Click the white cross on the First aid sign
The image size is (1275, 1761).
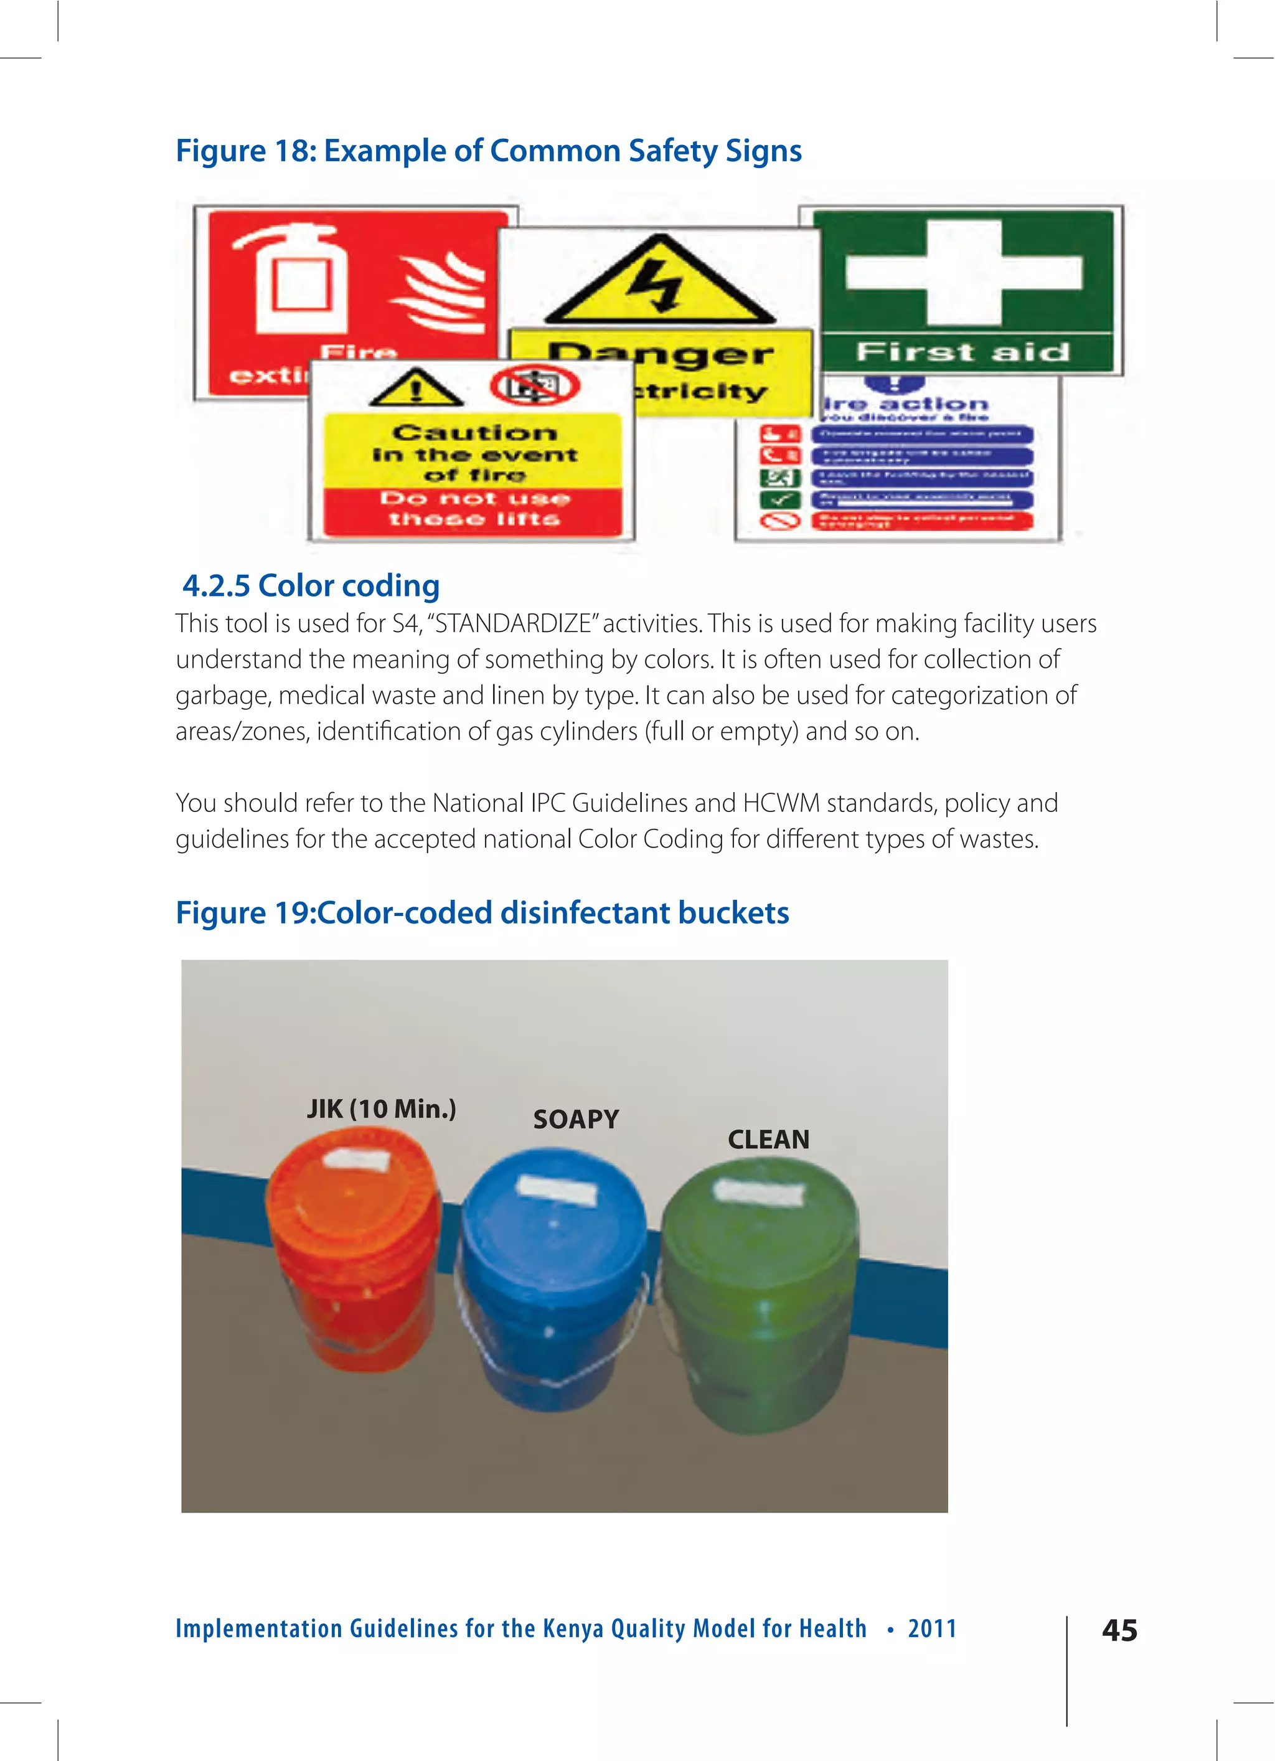(x=964, y=273)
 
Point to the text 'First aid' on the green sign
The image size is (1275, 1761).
(x=963, y=352)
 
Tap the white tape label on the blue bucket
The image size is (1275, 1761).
(x=556, y=1189)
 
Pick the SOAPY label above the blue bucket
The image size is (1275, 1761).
(x=575, y=1119)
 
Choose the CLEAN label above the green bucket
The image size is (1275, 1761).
(x=768, y=1139)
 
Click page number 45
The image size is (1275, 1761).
(x=1119, y=1630)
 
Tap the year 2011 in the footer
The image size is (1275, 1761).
(x=932, y=1628)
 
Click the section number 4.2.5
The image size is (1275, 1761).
(x=216, y=585)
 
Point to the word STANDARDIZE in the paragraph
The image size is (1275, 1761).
(x=513, y=623)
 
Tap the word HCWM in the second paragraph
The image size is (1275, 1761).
(x=780, y=803)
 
